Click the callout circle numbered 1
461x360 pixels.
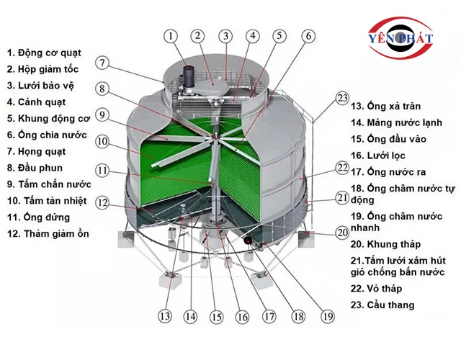(x=170, y=35)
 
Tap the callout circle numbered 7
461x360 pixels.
(x=103, y=63)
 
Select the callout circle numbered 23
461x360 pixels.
(x=342, y=99)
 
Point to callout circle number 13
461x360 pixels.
(x=165, y=315)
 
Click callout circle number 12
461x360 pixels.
(x=103, y=203)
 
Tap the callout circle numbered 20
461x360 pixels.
(x=342, y=233)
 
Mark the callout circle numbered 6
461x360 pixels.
(x=308, y=35)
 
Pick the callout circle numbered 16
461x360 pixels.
(x=242, y=315)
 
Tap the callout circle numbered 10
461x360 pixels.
(x=103, y=141)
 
